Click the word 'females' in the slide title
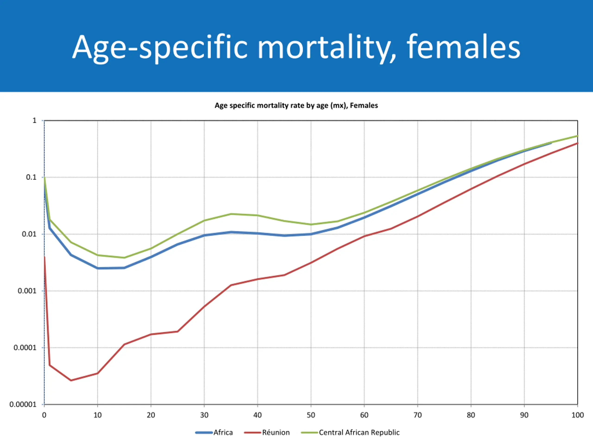pyautogui.click(x=463, y=47)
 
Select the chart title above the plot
pyautogui.click(x=296, y=105)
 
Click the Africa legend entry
pyautogui.click(x=223, y=432)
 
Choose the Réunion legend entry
pyautogui.click(x=276, y=432)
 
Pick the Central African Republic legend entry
pyautogui.click(x=359, y=432)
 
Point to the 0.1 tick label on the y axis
pyautogui.click(x=31, y=177)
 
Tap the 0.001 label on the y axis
pyautogui.click(x=27, y=291)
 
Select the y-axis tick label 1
pyautogui.click(x=34, y=121)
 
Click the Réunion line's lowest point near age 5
pyautogui.click(x=71, y=380)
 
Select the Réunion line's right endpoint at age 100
pyautogui.click(x=577, y=143)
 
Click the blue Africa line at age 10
pyautogui.click(x=98, y=268)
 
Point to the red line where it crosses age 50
pyautogui.click(x=311, y=262)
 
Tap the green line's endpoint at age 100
pyautogui.click(x=577, y=136)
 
